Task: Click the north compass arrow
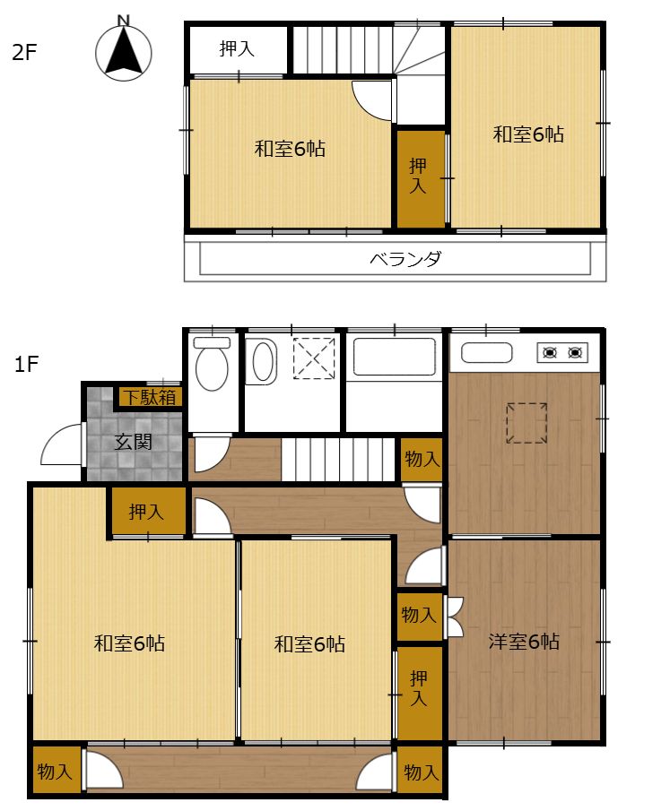click(x=123, y=51)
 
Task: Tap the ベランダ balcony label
click(x=405, y=258)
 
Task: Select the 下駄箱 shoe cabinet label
click(x=149, y=397)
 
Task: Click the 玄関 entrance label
click(x=133, y=442)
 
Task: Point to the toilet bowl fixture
click(x=212, y=364)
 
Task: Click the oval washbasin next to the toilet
click(x=263, y=361)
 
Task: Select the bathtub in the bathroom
click(x=394, y=357)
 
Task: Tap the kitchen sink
click(x=487, y=353)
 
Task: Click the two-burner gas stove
click(x=561, y=353)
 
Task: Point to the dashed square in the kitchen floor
click(x=526, y=423)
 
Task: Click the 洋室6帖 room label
click(x=524, y=642)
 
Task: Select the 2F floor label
click(x=24, y=52)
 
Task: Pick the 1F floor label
click(x=26, y=364)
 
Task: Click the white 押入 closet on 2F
click(x=237, y=49)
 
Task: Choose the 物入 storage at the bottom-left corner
click(x=55, y=772)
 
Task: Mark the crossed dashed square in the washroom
click(x=314, y=358)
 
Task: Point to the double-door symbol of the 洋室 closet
click(x=455, y=617)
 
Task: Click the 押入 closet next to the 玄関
click(x=146, y=512)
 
